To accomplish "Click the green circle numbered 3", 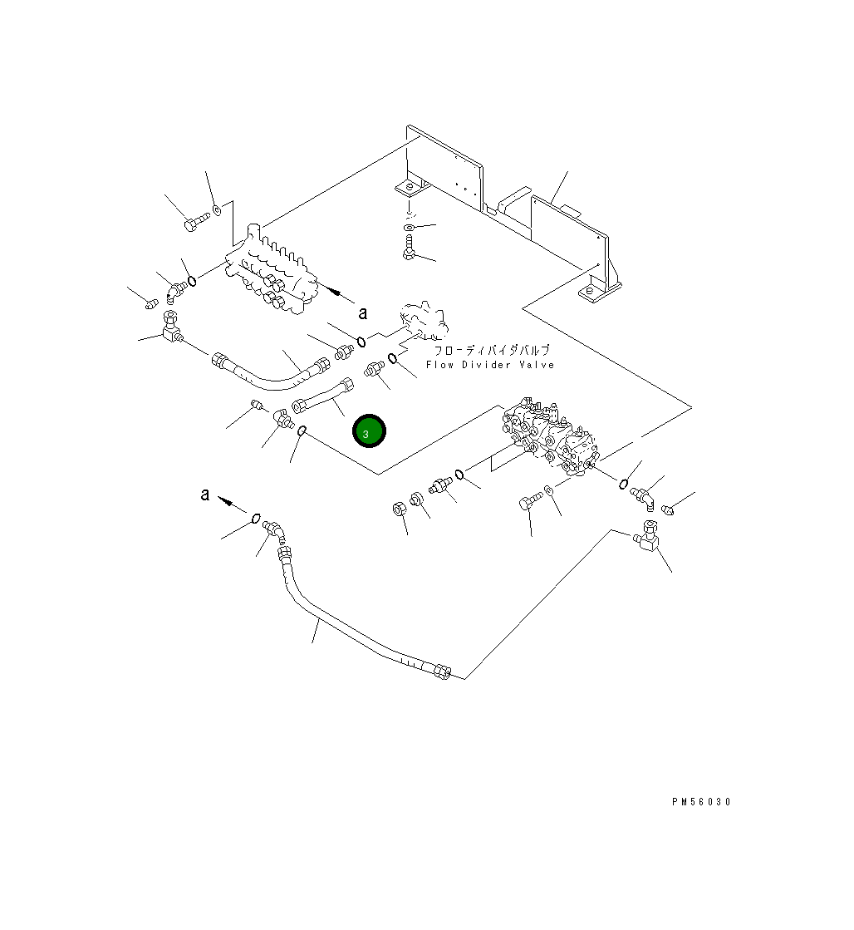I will coord(368,431).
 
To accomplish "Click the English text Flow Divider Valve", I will coord(489,365).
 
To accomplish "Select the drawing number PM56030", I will coord(702,802).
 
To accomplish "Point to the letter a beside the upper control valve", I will coord(362,312).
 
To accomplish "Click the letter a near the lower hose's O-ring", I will coord(205,495).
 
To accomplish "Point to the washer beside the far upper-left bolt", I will coord(217,210).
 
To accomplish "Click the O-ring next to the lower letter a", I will coord(256,519).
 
